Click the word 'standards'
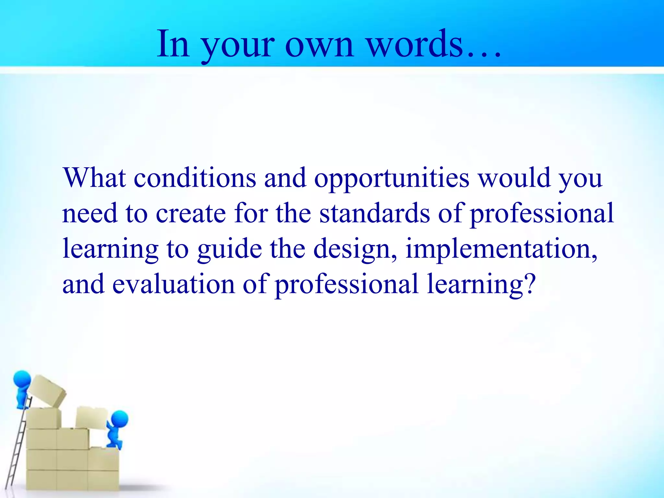pos(374,213)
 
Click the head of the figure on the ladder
pos(22,379)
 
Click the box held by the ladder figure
pos(47,391)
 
